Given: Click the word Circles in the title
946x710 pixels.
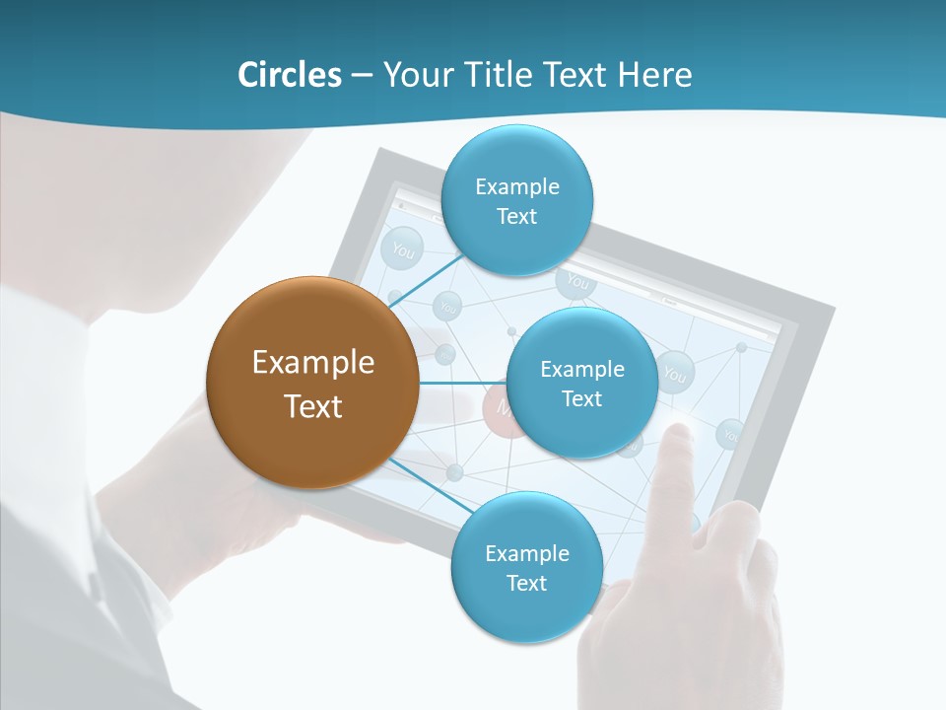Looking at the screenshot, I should coord(289,75).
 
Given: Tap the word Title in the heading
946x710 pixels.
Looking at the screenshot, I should coord(509,75).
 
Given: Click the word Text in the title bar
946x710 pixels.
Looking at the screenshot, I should coord(581,75).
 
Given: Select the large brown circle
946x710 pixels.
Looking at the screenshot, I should coord(312,383).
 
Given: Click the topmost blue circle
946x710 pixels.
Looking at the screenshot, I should coord(516,200).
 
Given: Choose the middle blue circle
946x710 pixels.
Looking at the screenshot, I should coord(581,383).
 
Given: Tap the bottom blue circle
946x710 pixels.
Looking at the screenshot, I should coord(526,567).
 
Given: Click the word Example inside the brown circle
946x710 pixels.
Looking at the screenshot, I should coord(312,362).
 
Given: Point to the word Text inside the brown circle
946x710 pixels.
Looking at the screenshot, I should coord(312,406).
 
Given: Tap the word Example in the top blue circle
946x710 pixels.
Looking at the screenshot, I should coord(516,186).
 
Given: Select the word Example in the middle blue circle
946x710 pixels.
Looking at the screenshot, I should coord(581,369).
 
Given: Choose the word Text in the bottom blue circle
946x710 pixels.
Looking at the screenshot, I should coord(526,583).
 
